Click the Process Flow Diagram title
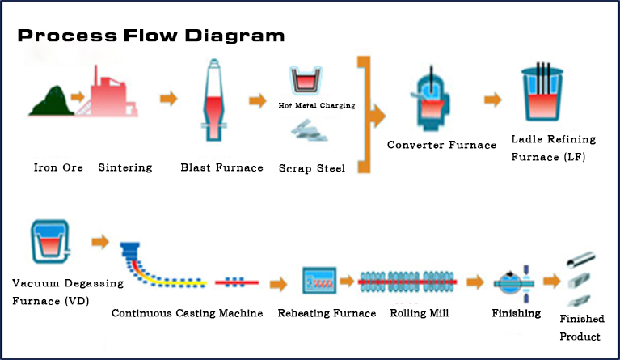click(x=151, y=36)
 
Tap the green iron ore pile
click(x=50, y=100)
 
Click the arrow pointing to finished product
click(x=551, y=281)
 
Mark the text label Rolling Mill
click(x=420, y=313)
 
